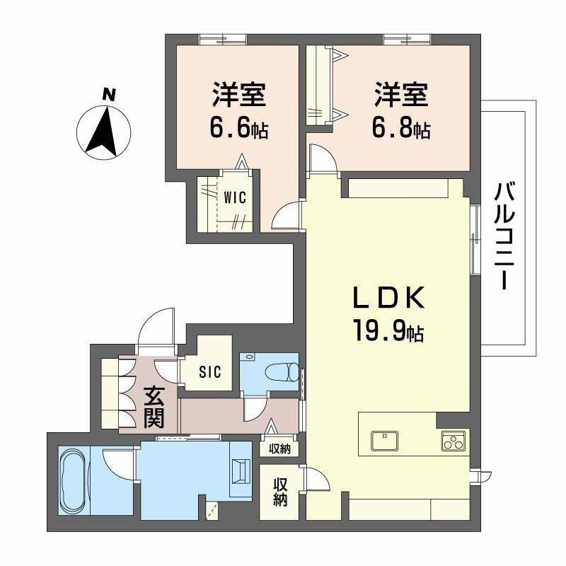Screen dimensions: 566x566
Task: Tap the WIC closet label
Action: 235,198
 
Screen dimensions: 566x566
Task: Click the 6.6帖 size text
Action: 238,129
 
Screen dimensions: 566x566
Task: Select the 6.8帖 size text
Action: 402,129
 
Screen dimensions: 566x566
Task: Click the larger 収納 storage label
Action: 281,491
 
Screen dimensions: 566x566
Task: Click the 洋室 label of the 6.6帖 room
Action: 238,94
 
